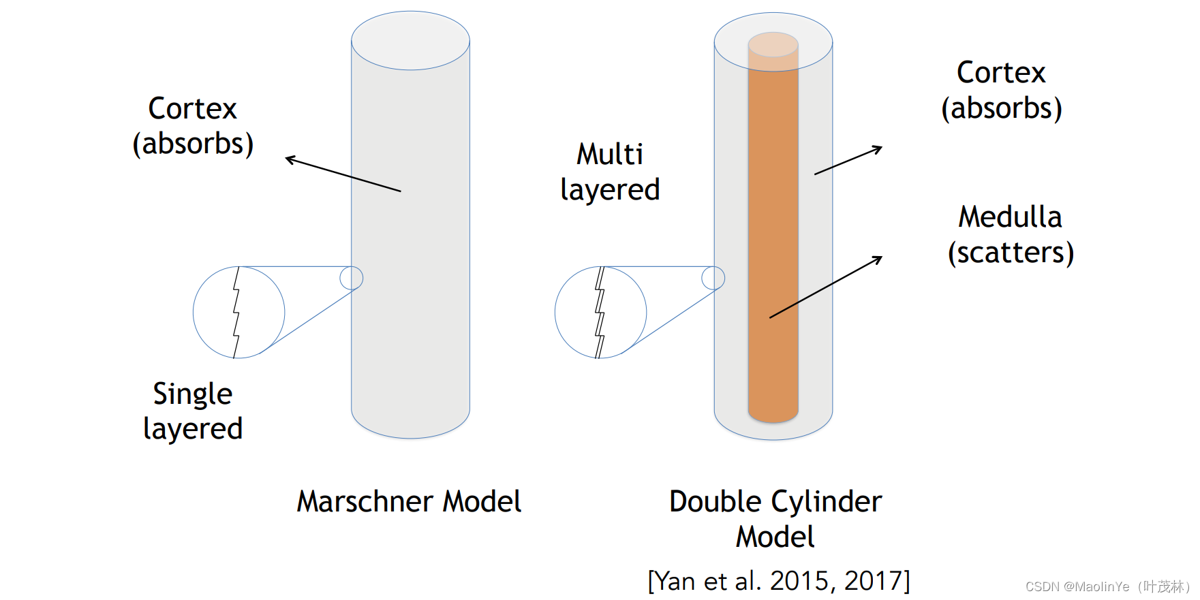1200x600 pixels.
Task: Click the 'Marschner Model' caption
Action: [409, 502]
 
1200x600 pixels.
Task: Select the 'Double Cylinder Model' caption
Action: [775, 519]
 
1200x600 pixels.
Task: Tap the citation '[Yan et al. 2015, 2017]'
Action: [778, 581]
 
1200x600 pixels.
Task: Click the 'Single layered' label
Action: [193, 411]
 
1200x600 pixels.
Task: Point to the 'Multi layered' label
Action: [610, 172]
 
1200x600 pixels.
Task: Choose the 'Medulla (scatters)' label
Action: [1011, 235]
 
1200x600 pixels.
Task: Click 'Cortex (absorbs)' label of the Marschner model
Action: [193, 126]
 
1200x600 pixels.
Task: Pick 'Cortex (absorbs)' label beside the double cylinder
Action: [1001, 90]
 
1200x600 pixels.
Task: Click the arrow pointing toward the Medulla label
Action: [826, 287]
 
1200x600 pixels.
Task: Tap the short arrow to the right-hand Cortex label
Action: [848, 161]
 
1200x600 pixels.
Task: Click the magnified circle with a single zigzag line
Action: [239, 313]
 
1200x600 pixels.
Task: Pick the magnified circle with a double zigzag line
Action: [600, 313]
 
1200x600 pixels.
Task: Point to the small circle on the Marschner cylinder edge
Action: [352, 278]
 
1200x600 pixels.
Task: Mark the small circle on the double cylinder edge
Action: [713, 278]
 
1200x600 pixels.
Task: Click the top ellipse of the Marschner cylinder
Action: [410, 40]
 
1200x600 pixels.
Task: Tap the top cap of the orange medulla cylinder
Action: [773, 45]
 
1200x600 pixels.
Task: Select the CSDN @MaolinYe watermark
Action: [1107, 586]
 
